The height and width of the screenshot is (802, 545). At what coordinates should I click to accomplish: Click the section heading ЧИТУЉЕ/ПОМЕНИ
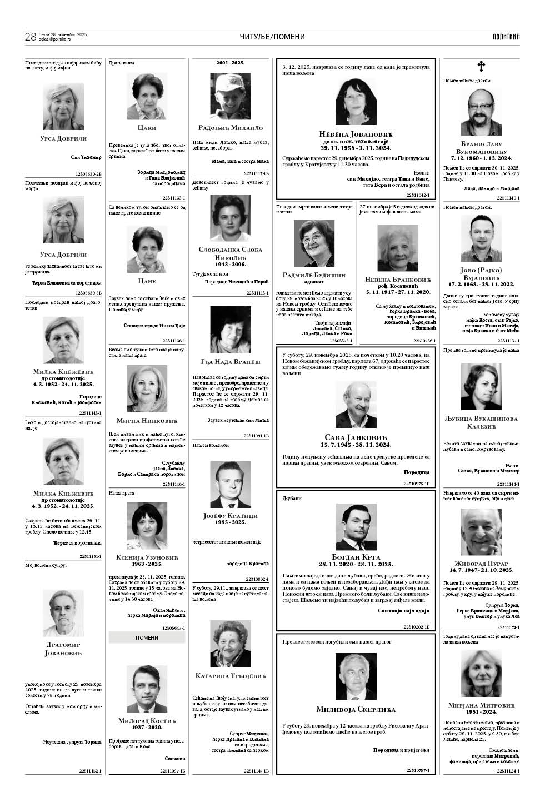(x=272, y=37)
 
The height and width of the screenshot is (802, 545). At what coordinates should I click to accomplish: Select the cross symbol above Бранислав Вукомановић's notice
(x=481, y=67)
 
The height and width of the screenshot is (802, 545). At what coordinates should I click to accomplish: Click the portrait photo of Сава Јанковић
(x=356, y=404)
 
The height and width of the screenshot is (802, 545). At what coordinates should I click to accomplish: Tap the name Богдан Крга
(x=356, y=557)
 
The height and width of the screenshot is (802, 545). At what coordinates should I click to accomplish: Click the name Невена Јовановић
(x=356, y=135)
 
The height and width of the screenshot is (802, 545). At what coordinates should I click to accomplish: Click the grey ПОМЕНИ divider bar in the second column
(x=147, y=637)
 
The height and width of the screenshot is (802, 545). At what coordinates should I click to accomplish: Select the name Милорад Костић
(x=147, y=720)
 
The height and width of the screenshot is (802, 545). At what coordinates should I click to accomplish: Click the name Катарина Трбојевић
(x=230, y=676)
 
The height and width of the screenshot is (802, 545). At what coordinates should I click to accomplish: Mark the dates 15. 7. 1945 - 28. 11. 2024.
(x=356, y=445)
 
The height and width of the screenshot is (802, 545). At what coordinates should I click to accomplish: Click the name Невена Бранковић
(x=398, y=280)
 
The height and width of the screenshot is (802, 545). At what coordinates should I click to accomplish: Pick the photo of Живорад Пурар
(x=481, y=532)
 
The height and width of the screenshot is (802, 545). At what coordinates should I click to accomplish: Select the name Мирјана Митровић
(x=481, y=705)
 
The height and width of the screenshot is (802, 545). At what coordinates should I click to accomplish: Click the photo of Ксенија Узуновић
(x=147, y=526)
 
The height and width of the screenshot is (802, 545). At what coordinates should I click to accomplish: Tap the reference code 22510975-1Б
(x=417, y=484)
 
